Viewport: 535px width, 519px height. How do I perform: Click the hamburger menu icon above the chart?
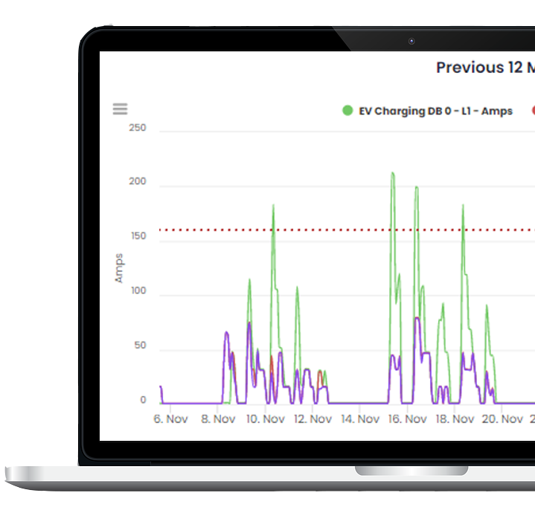(x=120, y=109)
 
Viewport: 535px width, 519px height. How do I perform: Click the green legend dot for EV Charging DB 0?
(x=347, y=111)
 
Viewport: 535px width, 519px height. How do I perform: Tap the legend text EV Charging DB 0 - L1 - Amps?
(x=435, y=111)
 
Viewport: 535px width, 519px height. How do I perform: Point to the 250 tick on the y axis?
(x=138, y=128)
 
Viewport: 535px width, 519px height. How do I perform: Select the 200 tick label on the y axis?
(x=138, y=182)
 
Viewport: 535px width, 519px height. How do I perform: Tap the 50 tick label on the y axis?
(x=140, y=346)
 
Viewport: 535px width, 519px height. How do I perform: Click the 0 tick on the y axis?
(x=143, y=401)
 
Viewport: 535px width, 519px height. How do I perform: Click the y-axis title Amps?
(x=119, y=268)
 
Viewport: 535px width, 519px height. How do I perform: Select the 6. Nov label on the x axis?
(x=170, y=419)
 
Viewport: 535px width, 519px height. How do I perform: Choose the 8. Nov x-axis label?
(x=218, y=419)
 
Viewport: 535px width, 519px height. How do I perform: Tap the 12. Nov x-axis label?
(x=313, y=419)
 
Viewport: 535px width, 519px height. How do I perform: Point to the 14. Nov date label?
(x=360, y=419)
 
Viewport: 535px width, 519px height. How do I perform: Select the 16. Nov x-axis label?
(x=408, y=419)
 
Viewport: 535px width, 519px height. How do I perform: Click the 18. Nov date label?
(x=455, y=419)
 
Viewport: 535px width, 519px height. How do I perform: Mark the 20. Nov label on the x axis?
(x=502, y=419)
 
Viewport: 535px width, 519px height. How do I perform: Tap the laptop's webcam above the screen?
(x=411, y=41)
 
